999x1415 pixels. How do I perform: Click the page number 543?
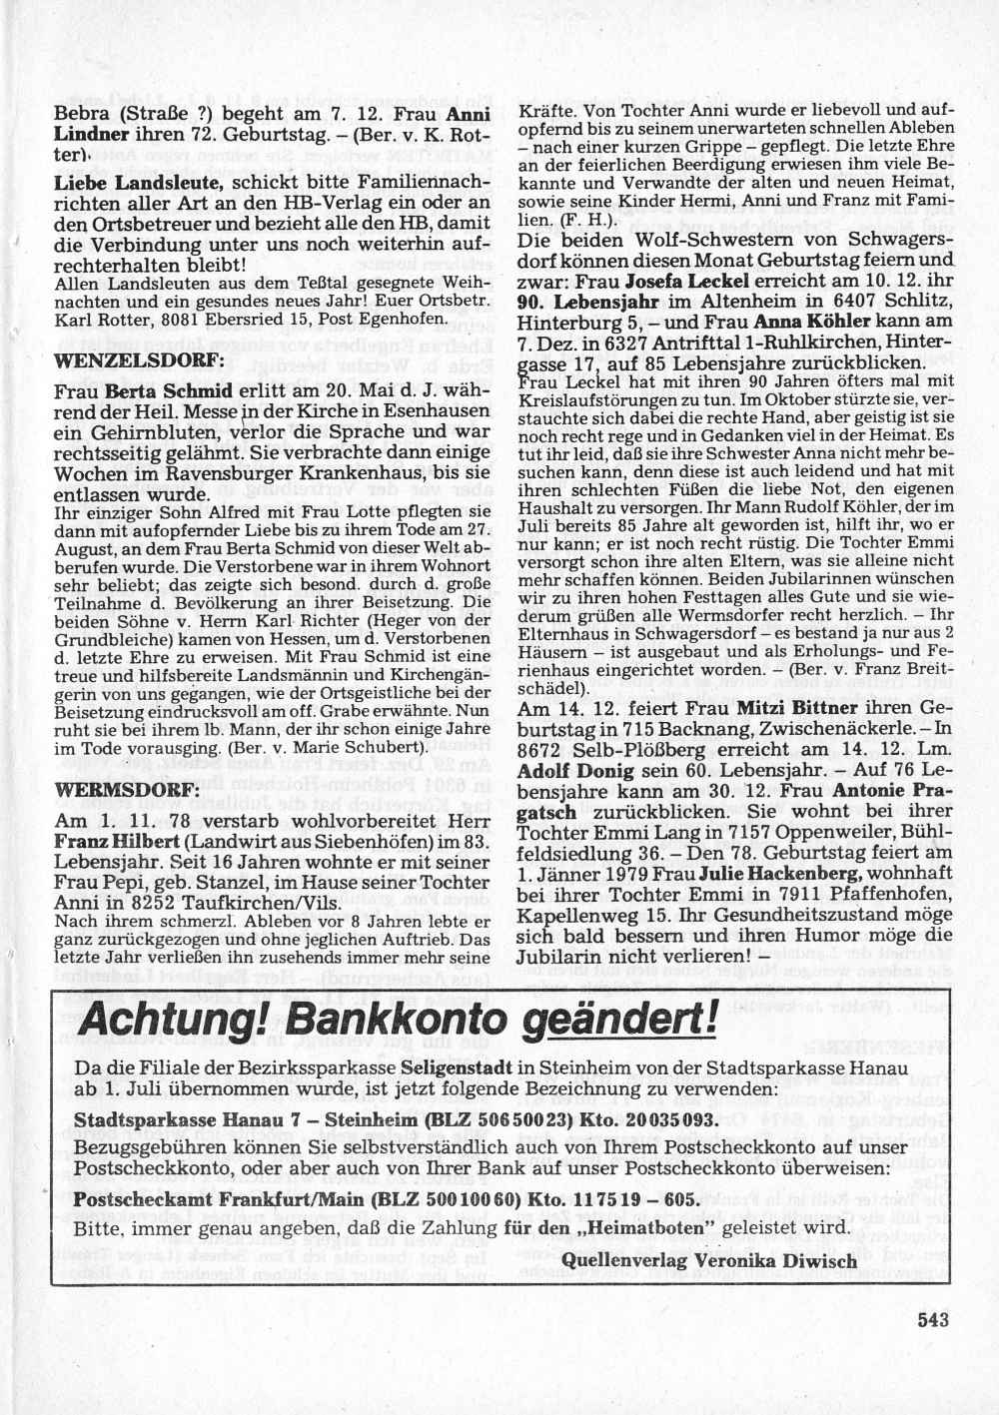[931, 1319]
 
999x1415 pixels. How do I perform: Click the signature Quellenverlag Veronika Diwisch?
[710, 1261]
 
